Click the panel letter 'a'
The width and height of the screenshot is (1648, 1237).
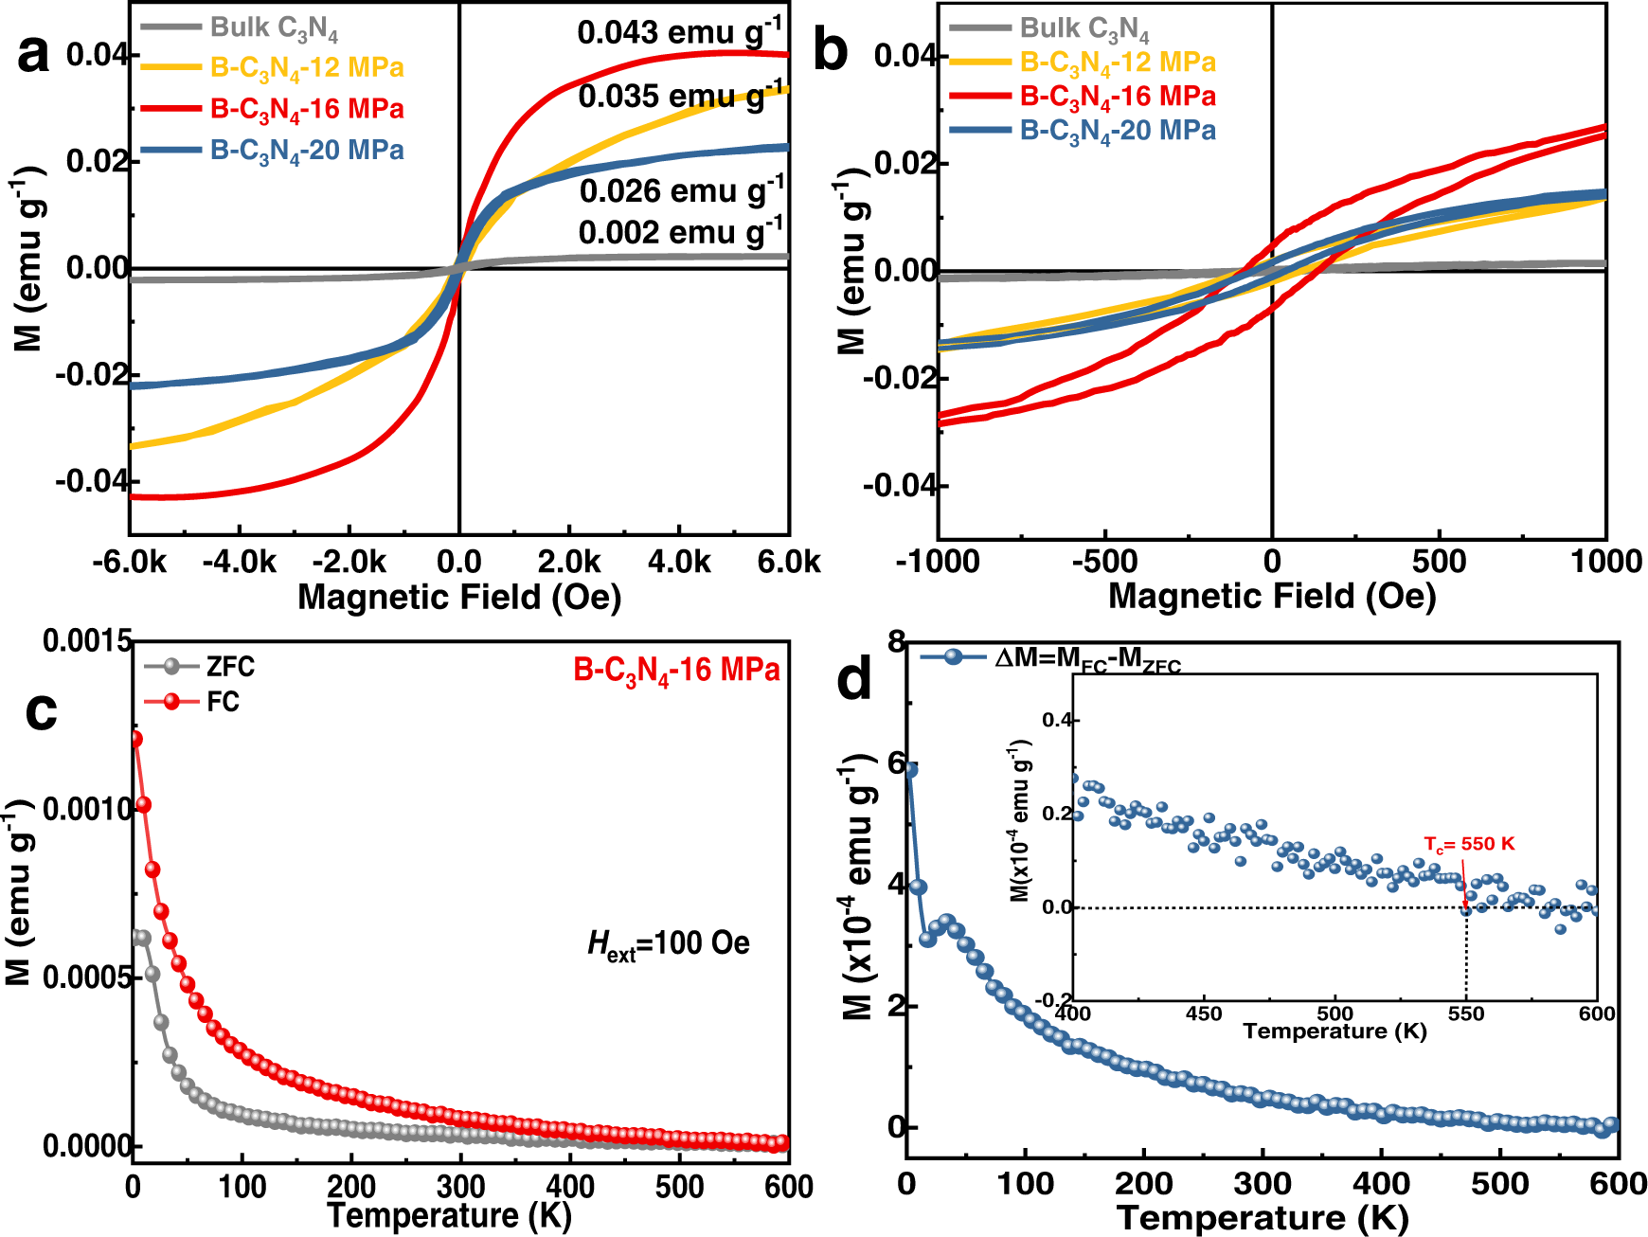click(33, 54)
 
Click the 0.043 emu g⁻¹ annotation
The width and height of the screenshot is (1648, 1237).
click(679, 32)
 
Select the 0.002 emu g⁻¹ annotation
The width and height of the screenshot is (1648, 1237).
click(680, 232)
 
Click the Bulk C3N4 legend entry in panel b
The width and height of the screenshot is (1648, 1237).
click(1084, 29)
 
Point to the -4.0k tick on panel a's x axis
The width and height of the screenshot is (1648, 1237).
click(239, 562)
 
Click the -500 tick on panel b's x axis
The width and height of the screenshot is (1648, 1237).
click(1104, 562)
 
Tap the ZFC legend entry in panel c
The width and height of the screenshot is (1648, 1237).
click(229, 667)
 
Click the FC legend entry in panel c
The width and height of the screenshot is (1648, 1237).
click(223, 702)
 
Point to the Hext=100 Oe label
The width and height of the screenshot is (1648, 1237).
click(668, 943)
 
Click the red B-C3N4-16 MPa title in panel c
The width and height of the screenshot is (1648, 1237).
click(676, 671)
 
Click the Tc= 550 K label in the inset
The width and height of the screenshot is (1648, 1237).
click(1469, 843)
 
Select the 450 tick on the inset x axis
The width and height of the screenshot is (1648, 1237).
click(1203, 1013)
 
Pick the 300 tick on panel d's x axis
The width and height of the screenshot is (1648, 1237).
click(1263, 1183)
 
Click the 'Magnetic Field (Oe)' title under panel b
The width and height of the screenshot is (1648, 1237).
click(1271, 596)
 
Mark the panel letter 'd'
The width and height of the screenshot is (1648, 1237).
click(854, 679)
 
